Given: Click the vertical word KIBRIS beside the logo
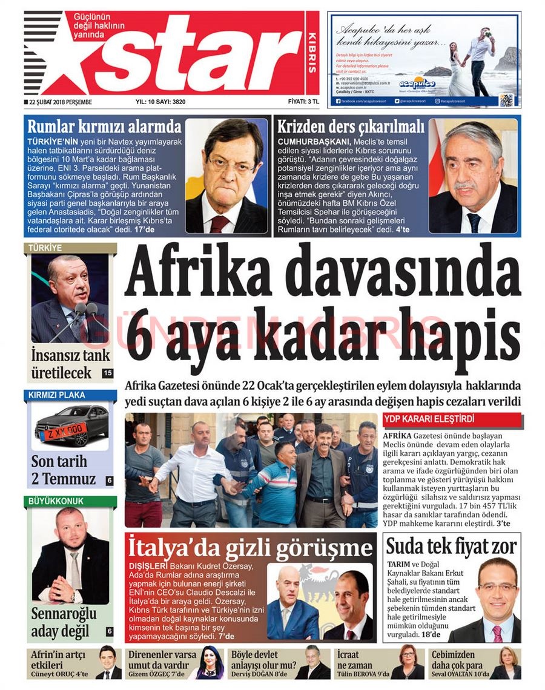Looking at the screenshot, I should pos(312,54).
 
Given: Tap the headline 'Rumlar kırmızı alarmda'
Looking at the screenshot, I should pos(105,127).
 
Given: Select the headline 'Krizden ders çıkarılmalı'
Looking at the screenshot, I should pos(351,127).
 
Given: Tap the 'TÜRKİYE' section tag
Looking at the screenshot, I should pos(45,248).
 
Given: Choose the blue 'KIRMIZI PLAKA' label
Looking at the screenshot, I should pos(56,395).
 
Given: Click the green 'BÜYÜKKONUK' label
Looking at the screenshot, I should pos(56,501).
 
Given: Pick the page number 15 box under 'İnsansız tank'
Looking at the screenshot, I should pos(107,373).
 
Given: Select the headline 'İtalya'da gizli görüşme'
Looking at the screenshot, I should pos(250,548).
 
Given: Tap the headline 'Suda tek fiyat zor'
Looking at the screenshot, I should pos(451,547).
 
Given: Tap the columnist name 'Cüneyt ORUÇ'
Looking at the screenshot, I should pos(52,674).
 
